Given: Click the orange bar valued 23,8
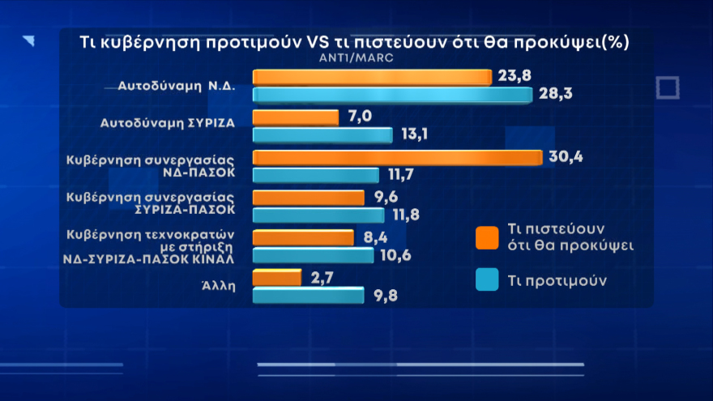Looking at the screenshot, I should pos(373,77).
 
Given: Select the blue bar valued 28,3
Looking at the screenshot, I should pos(392,95).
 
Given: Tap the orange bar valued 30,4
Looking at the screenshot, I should pos(397,157).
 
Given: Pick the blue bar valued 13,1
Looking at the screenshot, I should pos(322,135).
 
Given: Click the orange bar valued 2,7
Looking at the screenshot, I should pos(277,279).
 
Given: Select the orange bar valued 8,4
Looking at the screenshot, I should pos(303,237).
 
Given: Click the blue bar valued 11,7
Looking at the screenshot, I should pos(316,175).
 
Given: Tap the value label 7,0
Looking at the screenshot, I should pos(359,117).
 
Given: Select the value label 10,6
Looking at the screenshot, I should pos(396,255).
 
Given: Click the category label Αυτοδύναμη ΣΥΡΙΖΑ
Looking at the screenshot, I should pos(167,125).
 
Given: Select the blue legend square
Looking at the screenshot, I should pos(487,280).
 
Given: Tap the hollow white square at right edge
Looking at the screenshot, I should pos(667,87).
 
